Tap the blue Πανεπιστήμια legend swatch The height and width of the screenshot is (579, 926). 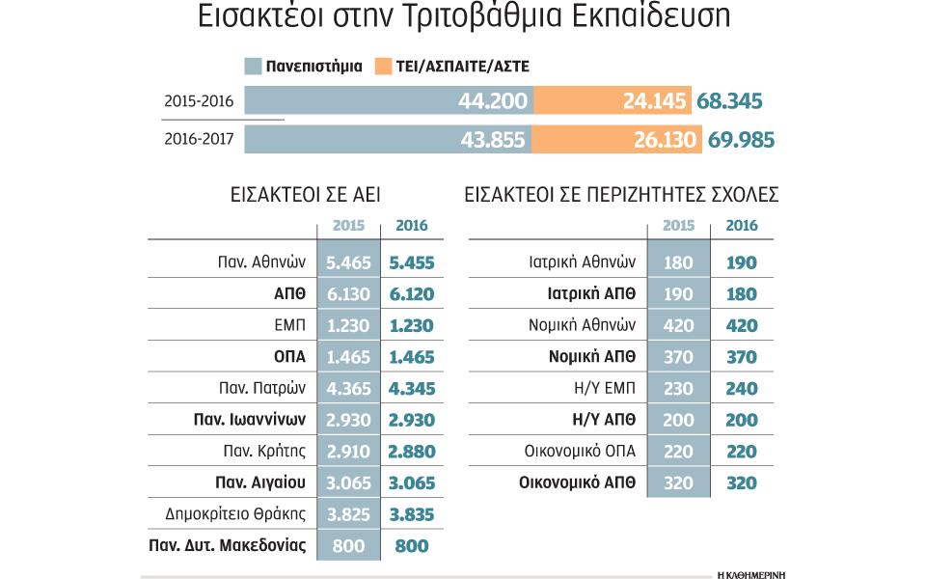[253, 67]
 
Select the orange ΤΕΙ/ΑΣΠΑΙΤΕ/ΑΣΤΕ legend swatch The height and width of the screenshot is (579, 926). [383, 67]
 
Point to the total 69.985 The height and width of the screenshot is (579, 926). [741, 139]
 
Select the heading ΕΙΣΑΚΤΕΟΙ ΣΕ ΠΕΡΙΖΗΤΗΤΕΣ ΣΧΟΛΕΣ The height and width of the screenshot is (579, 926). [621, 195]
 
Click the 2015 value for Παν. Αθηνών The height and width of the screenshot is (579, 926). [347, 262]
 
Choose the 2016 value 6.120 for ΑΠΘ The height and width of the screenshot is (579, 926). [412, 294]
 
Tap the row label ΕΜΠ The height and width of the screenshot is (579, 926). [290, 326]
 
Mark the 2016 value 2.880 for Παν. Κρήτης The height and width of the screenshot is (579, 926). [412, 452]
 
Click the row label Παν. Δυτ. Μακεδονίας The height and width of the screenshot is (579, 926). [228, 546]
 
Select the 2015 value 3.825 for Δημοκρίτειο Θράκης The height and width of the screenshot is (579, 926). [347, 514]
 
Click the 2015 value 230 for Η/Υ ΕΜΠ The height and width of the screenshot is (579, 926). [678, 389]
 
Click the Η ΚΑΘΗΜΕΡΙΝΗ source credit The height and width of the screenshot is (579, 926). [751, 574]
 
